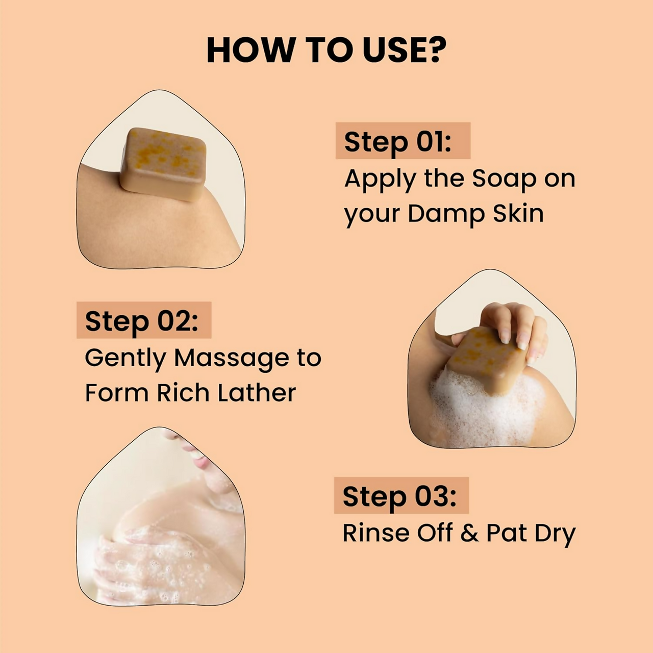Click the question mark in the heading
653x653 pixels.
point(435,49)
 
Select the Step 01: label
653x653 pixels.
point(398,141)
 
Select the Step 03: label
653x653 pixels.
point(399,496)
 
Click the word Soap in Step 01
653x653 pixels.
point(504,179)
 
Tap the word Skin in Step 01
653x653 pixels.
point(518,213)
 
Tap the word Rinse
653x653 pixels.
point(375,533)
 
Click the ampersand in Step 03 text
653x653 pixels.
point(469,533)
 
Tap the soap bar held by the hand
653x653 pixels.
point(482,360)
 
